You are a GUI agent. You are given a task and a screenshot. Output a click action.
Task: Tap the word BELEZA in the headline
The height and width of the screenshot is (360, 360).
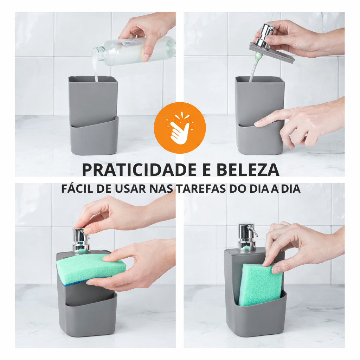coord(248,169)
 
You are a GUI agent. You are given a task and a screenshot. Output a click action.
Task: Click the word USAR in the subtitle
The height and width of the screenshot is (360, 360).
coord(130,189)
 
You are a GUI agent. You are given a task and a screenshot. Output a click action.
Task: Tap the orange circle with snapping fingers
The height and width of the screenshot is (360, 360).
coord(180,128)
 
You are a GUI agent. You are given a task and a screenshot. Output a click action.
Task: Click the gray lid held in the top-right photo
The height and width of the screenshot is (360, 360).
coord(272,52)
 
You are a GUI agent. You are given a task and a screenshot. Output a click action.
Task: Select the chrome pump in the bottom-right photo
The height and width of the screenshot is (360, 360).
coord(247,237)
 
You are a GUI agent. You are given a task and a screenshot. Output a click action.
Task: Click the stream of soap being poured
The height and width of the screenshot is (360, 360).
coord(96,69)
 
